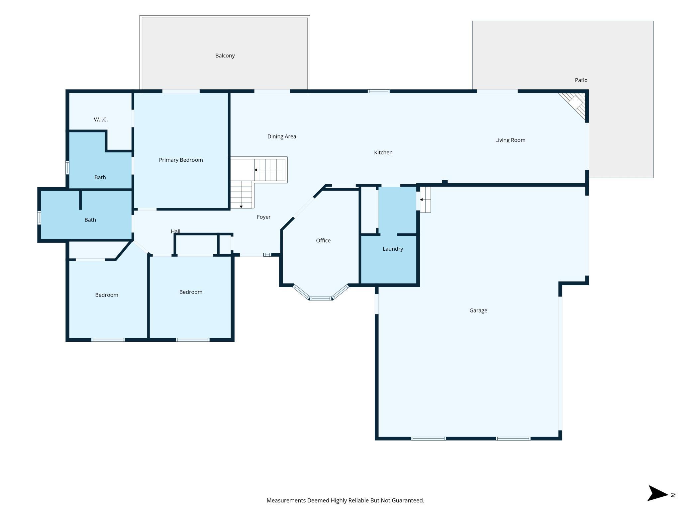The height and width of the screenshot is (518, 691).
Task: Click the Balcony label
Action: pos(225,56)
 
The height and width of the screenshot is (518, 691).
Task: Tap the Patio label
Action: pos(581,80)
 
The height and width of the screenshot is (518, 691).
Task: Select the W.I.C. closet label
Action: pos(101,120)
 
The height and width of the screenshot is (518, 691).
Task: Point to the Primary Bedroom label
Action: pos(181,160)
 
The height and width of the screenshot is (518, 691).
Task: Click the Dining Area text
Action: pos(282,136)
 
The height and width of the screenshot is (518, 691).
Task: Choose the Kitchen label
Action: pos(383,152)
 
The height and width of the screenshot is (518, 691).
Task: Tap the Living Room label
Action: pos(510,140)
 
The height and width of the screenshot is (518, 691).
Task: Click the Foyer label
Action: pos(264,217)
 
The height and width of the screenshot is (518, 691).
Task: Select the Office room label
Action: pos(323,240)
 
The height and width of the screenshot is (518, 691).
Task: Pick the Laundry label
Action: pos(393,249)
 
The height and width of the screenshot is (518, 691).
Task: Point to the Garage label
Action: pos(478,310)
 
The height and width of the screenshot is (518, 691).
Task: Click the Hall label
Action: pos(175,231)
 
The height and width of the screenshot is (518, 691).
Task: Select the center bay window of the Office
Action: pos(321,298)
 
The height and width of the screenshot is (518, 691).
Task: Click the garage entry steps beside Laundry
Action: pos(425,200)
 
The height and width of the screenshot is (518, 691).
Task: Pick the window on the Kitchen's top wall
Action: pos(378,91)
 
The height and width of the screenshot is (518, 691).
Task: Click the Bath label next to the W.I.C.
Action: pos(100,177)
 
